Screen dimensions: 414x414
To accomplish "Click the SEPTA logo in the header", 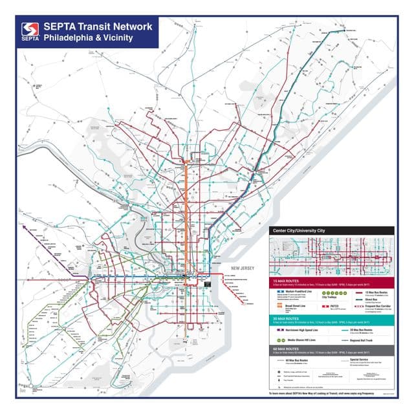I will [29, 32].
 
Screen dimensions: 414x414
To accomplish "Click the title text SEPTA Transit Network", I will [98, 27].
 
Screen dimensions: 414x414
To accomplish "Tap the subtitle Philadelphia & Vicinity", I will [89, 38].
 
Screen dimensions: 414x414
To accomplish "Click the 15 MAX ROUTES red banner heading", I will [289, 282].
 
